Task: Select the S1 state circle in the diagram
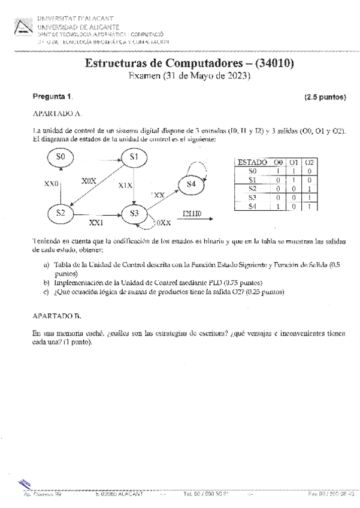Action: tap(134, 157)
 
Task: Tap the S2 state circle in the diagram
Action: tap(60, 212)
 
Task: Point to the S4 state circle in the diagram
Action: tap(191, 185)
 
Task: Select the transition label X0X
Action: tap(89, 180)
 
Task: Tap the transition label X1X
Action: tap(125, 186)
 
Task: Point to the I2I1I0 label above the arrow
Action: tap(194, 213)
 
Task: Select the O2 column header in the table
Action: tap(308, 162)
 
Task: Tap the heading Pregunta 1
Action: tap(52, 96)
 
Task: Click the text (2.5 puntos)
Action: tap(325, 96)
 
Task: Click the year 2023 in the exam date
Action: tap(235, 76)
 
